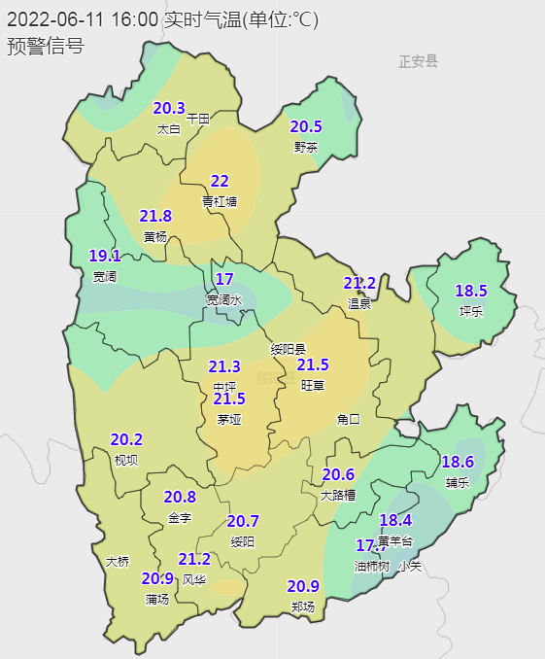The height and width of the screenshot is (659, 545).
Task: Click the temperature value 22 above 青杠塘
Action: click(220, 181)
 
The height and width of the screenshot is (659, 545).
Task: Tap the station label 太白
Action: click(168, 128)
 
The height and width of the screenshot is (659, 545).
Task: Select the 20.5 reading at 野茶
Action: click(306, 126)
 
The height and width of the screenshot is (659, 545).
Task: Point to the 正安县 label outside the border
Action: click(418, 62)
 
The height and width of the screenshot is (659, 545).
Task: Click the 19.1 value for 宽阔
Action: click(105, 256)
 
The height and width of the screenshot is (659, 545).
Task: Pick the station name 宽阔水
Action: click(223, 300)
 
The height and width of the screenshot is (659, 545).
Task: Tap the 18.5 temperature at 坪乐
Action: click(471, 291)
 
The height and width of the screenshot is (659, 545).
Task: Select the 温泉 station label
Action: click(359, 303)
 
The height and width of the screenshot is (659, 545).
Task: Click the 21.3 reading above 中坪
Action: click(224, 366)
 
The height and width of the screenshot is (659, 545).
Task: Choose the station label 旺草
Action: click(313, 386)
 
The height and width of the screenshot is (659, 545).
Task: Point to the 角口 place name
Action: click(348, 420)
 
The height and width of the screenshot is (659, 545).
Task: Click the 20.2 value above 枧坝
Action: click(126, 439)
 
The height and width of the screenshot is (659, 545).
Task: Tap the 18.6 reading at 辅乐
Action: click(458, 462)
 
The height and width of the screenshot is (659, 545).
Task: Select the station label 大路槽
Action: click(338, 495)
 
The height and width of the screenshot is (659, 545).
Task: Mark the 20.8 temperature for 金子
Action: click(180, 497)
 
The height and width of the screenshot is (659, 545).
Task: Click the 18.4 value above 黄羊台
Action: click(395, 520)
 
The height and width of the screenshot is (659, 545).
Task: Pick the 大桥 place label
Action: click(117, 561)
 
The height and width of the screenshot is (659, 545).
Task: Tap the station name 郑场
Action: click(303, 607)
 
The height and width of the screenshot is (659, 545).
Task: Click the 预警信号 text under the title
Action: click(45, 46)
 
